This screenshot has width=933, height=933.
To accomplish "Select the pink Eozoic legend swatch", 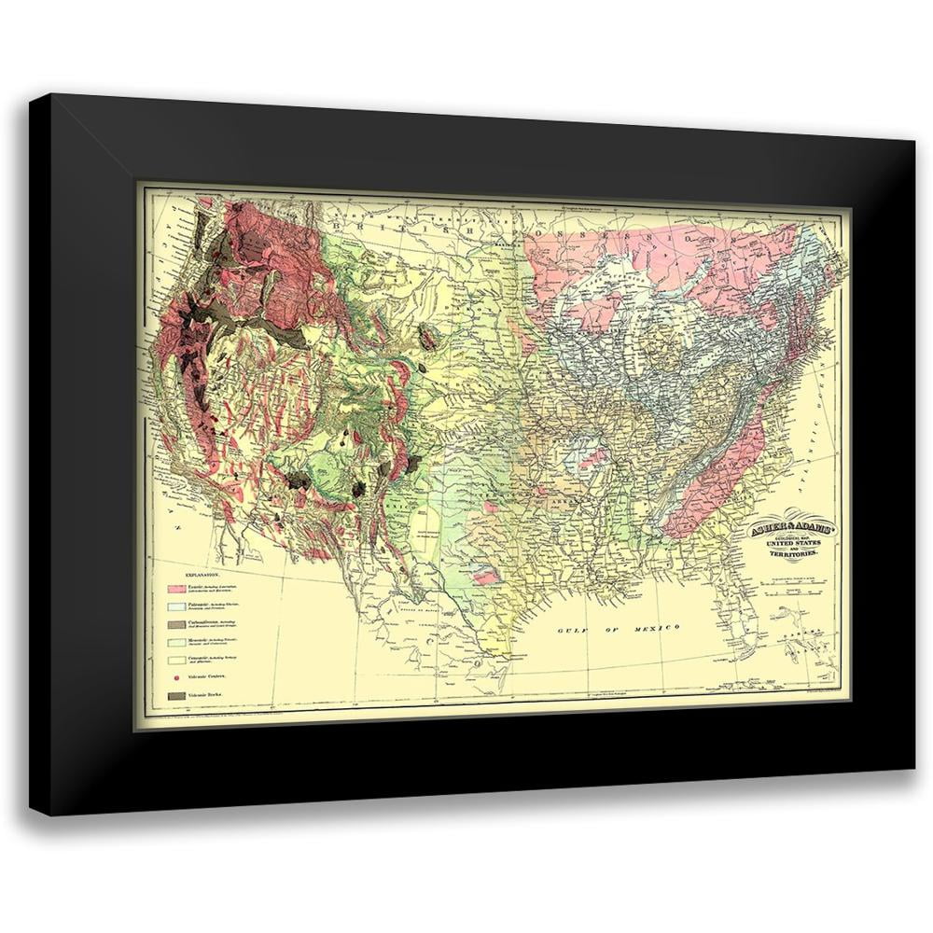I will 178,590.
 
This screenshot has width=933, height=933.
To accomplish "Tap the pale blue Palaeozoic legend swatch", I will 178,606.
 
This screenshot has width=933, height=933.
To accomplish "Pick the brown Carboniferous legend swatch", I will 178,623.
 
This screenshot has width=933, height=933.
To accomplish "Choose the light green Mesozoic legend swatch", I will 178,640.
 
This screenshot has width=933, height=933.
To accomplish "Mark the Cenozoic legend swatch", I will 178,657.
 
